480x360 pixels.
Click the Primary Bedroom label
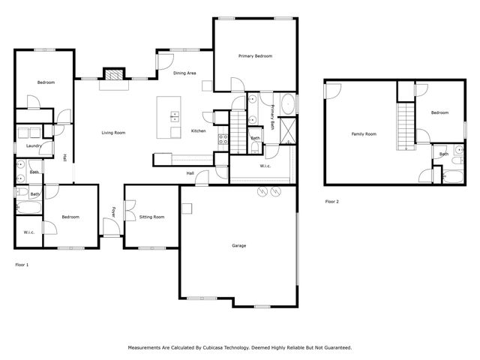coord(255,56)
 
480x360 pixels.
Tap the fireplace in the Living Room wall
coord(113,75)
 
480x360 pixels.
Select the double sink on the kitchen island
coord(175,117)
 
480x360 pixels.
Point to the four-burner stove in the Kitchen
coord(222,137)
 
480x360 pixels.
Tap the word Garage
coord(238,245)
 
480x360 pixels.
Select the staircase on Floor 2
coord(406,125)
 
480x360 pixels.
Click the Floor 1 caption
coord(22,264)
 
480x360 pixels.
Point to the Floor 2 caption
coord(331,202)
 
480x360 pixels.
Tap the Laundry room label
coord(33,145)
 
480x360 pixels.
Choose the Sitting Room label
coord(151,216)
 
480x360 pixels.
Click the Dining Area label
coord(184,73)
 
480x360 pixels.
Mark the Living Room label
coord(113,133)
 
